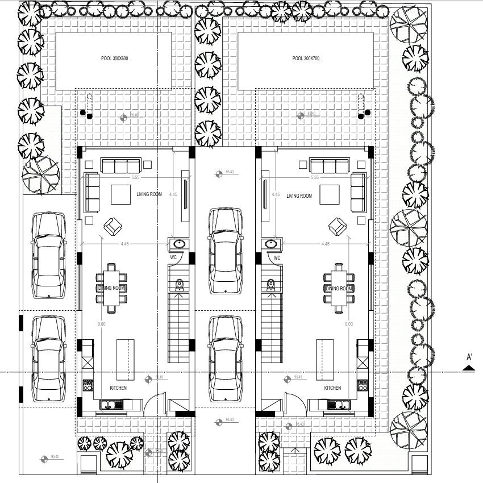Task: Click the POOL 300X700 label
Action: click(306, 59)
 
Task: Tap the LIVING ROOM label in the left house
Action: click(149, 195)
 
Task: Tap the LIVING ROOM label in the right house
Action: click(299, 196)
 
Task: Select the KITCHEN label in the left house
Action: click(118, 388)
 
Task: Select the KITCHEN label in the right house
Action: click(332, 388)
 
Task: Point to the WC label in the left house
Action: click(173, 257)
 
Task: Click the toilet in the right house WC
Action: click(270, 284)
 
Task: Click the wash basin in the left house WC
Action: click(180, 244)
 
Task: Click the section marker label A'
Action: click(469, 357)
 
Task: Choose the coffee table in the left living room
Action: click(121, 194)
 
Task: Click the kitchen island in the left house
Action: click(126, 359)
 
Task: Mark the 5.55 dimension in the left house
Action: click(135, 178)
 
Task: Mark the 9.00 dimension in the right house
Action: click(348, 324)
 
